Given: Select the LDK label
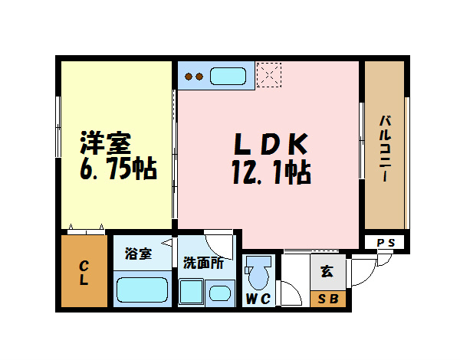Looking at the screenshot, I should (270, 143).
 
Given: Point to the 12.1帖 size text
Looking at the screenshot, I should (271, 173).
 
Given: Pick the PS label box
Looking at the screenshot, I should (386, 243).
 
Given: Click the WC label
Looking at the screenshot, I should (258, 299).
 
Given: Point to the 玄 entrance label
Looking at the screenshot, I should (327, 270).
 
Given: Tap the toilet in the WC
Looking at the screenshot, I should (258, 273).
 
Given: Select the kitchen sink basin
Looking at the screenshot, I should (226, 77).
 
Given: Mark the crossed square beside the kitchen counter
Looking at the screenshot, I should (269, 75).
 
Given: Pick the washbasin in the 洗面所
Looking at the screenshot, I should (219, 292).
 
